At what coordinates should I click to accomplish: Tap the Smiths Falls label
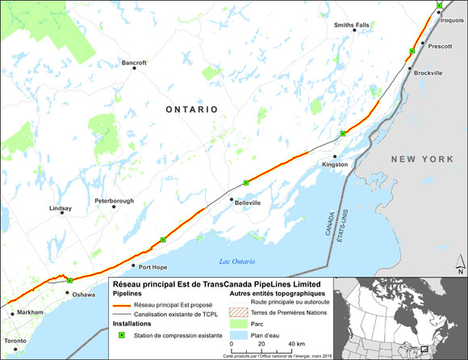351,25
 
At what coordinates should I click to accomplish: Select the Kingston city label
335,165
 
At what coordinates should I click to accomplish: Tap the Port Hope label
153,266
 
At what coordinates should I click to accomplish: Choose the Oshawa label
84,295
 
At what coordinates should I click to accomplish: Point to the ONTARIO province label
192,108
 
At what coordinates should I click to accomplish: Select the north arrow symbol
458,265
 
